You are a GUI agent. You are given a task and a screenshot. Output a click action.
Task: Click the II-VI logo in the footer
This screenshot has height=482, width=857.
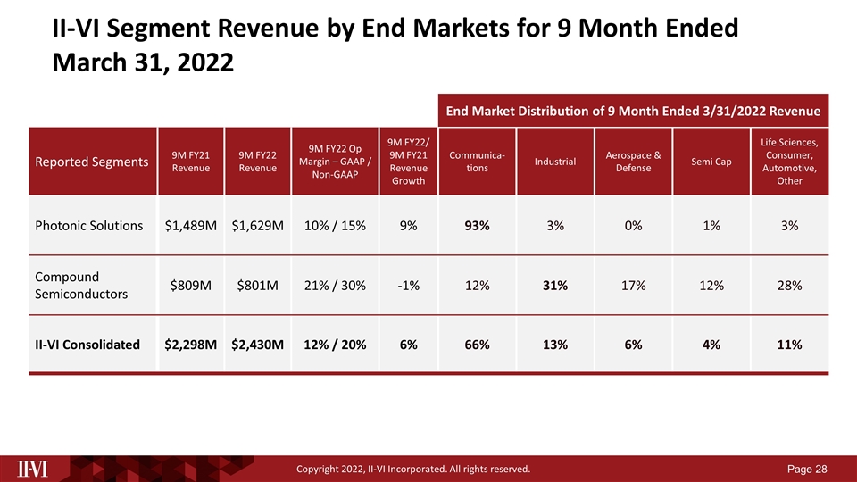pos(32,469)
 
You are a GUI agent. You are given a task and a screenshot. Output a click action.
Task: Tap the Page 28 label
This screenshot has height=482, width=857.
pos(807,469)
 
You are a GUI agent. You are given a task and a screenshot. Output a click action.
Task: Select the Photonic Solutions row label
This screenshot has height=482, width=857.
pos(88,226)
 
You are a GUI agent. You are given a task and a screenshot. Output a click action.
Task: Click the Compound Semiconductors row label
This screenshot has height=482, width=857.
pos(81,286)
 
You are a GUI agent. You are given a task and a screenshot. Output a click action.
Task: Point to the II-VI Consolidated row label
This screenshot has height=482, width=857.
pos(87,345)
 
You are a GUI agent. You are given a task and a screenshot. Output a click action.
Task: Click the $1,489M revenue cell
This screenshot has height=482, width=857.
pos(191,226)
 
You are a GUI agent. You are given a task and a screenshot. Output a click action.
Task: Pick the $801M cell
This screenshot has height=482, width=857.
pos(257,286)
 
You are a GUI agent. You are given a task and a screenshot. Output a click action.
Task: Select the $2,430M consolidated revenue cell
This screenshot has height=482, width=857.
pos(257,345)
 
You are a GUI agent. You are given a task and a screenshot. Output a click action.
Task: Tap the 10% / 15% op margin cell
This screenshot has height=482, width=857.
pos(335,226)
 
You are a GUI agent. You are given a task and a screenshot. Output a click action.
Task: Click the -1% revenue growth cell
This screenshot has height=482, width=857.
pos(408,286)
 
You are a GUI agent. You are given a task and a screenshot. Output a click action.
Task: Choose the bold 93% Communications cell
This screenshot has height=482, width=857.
pos(477,226)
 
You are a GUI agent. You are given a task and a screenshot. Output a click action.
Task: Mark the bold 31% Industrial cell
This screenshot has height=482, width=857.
pos(555,286)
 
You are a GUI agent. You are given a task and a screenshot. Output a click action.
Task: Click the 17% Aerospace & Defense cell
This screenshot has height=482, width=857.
pos(634,286)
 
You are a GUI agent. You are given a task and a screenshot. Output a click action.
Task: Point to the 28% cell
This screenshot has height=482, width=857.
pos(790,286)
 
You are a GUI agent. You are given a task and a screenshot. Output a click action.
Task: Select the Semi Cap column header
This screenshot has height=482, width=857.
pos(711,162)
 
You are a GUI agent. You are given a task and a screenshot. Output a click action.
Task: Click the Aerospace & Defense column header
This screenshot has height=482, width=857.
pos(633,162)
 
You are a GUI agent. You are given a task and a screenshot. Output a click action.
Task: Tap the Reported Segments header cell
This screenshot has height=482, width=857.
pos(92,162)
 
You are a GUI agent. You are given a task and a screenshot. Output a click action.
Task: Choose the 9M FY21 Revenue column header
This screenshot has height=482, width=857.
pos(191,162)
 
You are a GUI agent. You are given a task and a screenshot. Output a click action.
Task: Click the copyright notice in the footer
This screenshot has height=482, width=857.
pos(413,469)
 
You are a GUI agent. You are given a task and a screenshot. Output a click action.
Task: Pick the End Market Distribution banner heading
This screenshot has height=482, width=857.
pos(633,111)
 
